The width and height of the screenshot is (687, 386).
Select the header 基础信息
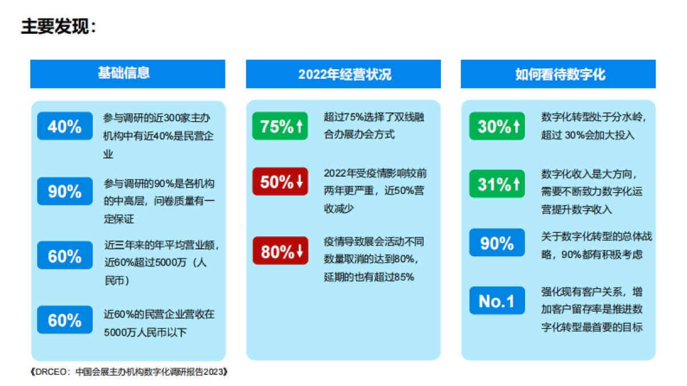[128, 74]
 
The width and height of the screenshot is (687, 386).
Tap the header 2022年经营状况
[344, 74]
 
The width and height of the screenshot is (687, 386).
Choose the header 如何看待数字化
[559, 74]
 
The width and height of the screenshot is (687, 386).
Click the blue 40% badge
[65, 126]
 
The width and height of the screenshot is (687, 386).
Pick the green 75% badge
[280, 126]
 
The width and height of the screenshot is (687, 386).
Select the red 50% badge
[280, 182]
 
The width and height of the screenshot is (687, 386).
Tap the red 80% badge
[280, 251]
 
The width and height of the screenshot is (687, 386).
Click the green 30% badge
[496, 126]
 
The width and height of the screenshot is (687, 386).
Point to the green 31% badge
[496, 184]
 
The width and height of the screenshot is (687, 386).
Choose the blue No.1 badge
[496, 301]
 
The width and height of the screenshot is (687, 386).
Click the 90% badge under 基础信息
[65, 192]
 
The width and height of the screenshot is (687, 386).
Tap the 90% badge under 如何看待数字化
[496, 243]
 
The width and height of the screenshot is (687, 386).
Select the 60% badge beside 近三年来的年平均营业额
[65, 256]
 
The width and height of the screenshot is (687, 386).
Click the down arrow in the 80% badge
[299, 251]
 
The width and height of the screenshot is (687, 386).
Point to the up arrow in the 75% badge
[299, 126]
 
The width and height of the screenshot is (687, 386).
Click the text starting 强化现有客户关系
[591, 309]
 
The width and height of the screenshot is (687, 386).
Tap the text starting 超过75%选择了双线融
[374, 126]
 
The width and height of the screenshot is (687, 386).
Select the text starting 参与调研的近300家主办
[158, 136]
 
